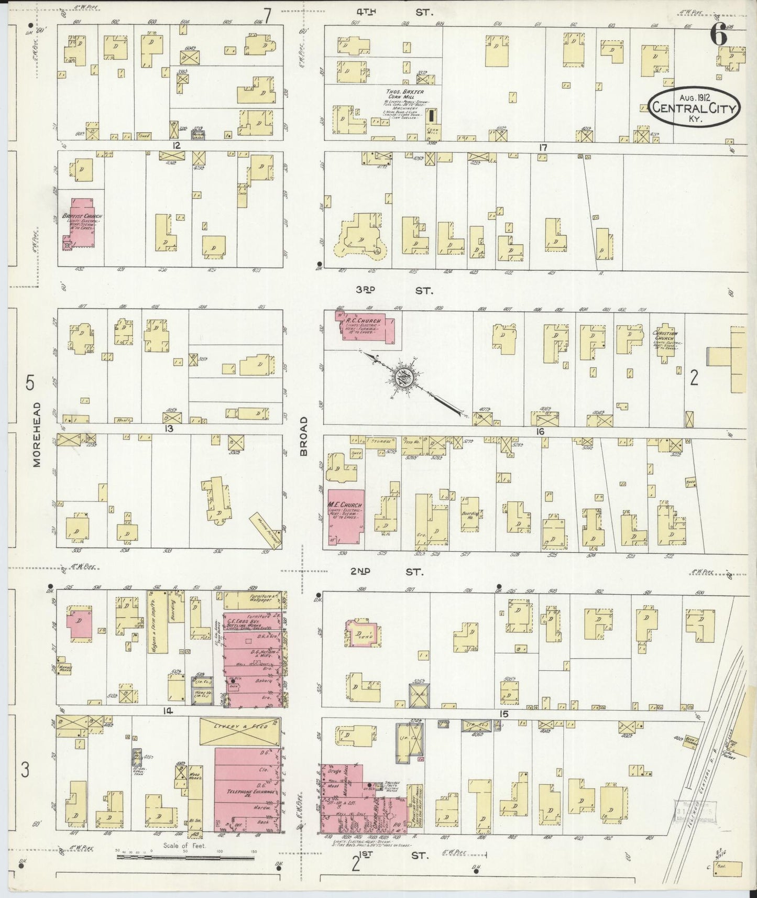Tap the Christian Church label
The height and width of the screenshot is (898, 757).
point(665,336)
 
